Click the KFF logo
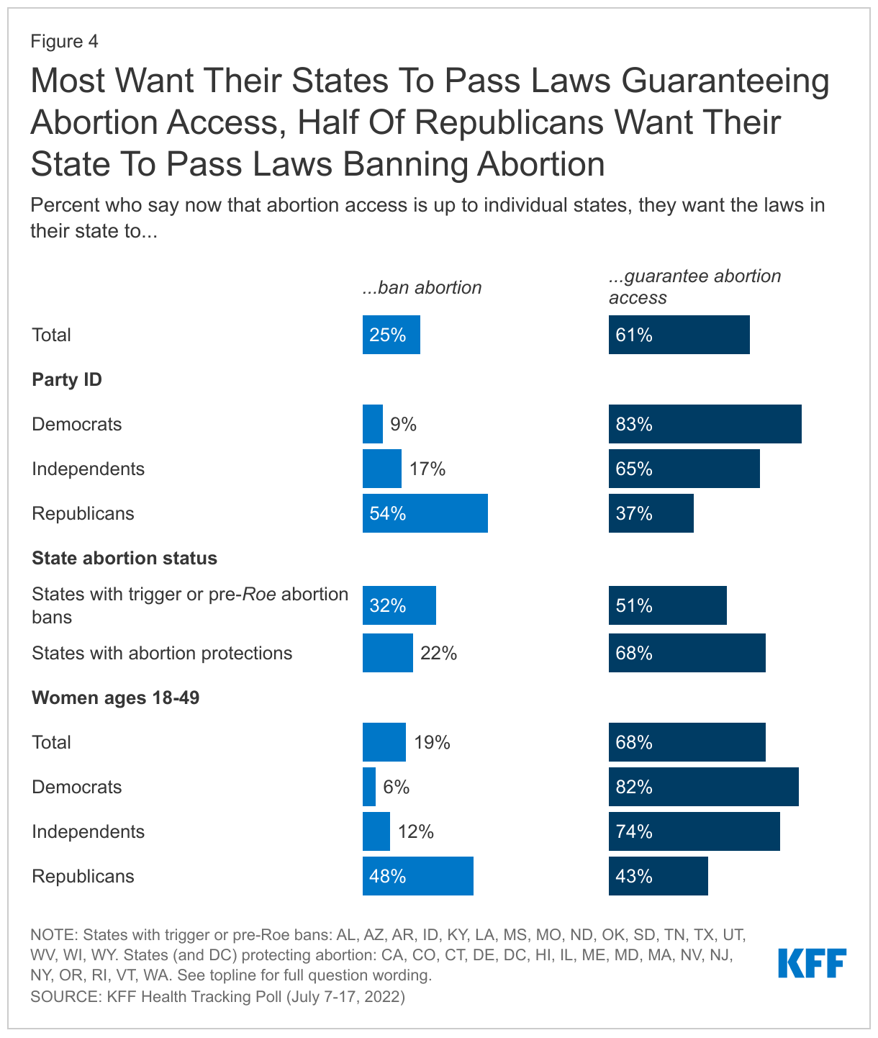812,962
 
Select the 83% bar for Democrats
705,424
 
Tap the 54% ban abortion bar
425,513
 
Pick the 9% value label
404,425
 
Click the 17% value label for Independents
427,469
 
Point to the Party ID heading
67,379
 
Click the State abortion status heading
125,558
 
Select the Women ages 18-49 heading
115,698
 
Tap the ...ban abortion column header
422,288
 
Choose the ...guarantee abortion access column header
694,286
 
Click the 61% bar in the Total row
679,335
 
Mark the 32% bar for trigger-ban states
399,605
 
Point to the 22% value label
439,654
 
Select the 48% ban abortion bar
417,876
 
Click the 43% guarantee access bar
658,876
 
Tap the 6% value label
396,787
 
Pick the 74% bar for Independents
694,831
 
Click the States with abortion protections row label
162,653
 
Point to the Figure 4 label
64,41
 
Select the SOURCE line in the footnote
217,997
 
